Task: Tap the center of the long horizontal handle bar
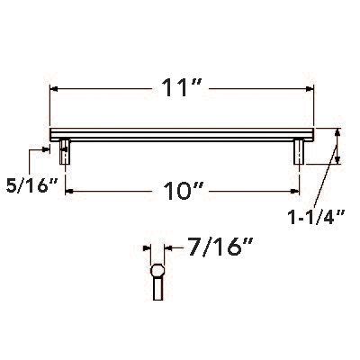[x=182, y=135]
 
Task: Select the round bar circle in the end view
[x=157, y=269]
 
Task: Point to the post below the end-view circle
[x=157, y=291]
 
